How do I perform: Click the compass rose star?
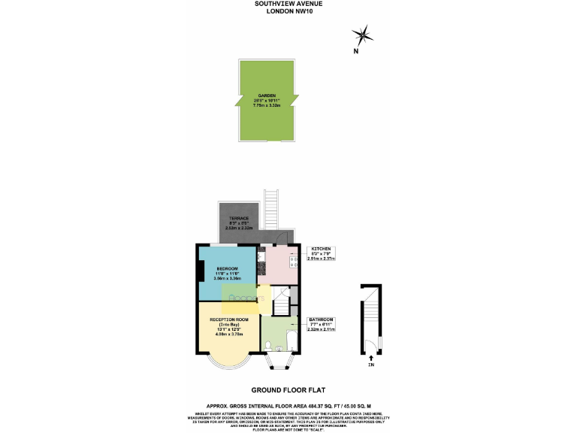[363, 34]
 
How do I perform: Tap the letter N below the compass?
[357, 52]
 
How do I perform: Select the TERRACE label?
[239, 218]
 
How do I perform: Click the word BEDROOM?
[227, 269]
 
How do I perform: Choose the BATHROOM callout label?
[321, 320]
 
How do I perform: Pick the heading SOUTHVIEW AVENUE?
[288, 4]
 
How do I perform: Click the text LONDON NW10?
[288, 11]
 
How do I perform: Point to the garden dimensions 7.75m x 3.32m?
[267, 106]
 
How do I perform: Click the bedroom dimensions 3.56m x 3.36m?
[227, 279]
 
